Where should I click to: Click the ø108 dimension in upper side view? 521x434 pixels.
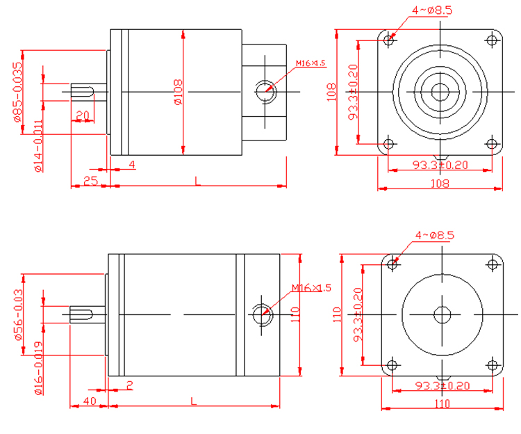click(x=177, y=92)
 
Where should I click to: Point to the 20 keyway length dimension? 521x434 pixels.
click(x=82, y=115)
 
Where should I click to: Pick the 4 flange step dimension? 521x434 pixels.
click(x=132, y=165)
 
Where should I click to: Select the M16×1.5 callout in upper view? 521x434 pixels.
click(x=310, y=64)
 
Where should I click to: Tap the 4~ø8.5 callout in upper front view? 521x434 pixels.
click(x=432, y=10)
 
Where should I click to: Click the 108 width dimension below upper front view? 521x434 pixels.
click(x=439, y=184)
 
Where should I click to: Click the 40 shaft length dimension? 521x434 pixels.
click(x=89, y=401)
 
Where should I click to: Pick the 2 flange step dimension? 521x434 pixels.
click(x=130, y=385)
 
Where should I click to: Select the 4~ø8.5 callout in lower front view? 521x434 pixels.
click(x=434, y=236)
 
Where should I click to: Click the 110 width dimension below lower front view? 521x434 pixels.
click(x=442, y=403)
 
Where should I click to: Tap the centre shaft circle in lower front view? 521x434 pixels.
click(x=442, y=314)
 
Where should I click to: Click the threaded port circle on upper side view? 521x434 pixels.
click(x=265, y=90)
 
